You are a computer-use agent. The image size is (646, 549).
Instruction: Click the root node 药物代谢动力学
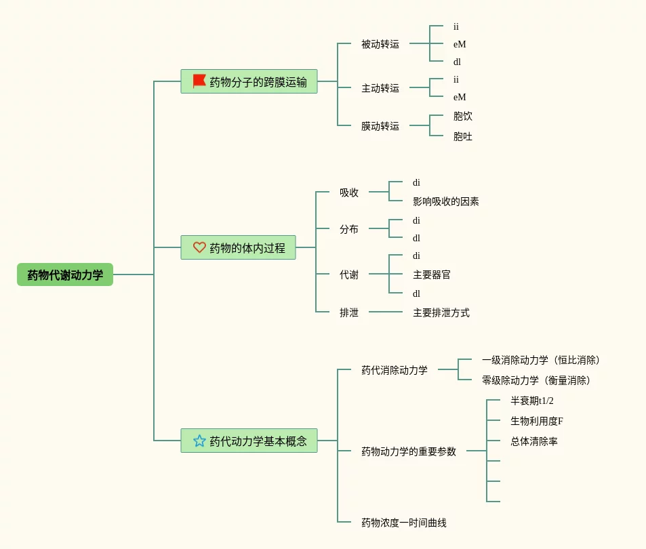[65, 274]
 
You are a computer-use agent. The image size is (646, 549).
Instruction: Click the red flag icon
[199, 81]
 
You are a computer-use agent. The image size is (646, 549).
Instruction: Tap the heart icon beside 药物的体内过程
[199, 247]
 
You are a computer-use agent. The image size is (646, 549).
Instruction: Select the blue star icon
[199, 441]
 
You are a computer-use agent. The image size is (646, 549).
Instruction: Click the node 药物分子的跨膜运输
[258, 82]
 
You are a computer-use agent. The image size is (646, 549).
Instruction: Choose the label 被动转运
[380, 44]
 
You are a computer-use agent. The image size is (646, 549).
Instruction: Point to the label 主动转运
[380, 88]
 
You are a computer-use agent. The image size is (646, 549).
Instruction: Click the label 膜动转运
[380, 126]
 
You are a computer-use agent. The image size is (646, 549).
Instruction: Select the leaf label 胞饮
[463, 117]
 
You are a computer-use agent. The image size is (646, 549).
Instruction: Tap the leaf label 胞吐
[463, 137]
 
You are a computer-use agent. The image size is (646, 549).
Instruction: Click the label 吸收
[349, 192]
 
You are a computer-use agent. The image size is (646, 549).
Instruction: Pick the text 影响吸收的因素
[446, 201]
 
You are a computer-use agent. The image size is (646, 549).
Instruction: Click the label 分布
[349, 229]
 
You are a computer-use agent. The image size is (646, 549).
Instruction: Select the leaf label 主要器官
[432, 274]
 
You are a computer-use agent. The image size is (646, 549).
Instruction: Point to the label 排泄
[349, 312]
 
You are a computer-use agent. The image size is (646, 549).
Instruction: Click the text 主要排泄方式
[441, 312]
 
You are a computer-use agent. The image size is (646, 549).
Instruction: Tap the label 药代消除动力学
[395, 370]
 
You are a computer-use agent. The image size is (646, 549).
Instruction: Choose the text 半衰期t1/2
[532, 401]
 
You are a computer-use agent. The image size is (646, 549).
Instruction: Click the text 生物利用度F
[537, 421]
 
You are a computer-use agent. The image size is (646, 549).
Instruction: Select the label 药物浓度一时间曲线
[404, 523]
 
